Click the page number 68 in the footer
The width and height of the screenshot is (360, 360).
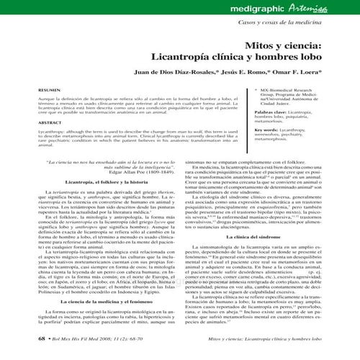click(x=18, y=354)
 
